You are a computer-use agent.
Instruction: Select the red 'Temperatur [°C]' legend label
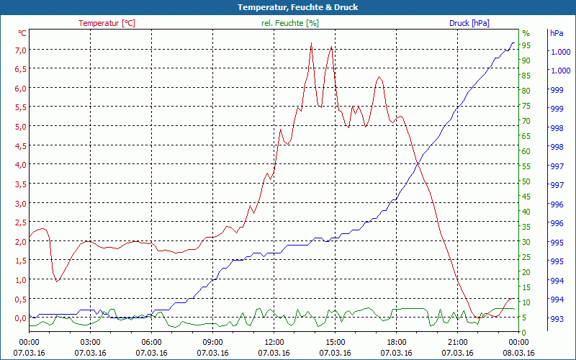click(x=107, y=23)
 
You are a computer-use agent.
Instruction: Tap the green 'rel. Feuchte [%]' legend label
click(x=289, y=23)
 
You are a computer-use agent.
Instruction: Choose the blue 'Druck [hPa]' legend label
click(x=469, y=23)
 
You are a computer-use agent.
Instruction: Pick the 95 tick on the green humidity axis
click(x=526, y=45)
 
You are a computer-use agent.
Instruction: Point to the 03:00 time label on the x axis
click(x=90, y=342)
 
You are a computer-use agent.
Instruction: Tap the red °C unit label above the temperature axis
click(x=22, y=33)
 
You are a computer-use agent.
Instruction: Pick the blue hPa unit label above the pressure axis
click(x=557, y=33)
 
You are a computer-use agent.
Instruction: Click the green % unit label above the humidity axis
click(x=526, y=33)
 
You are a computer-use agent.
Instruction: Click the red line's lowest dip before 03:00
click(x=57, y=281)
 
